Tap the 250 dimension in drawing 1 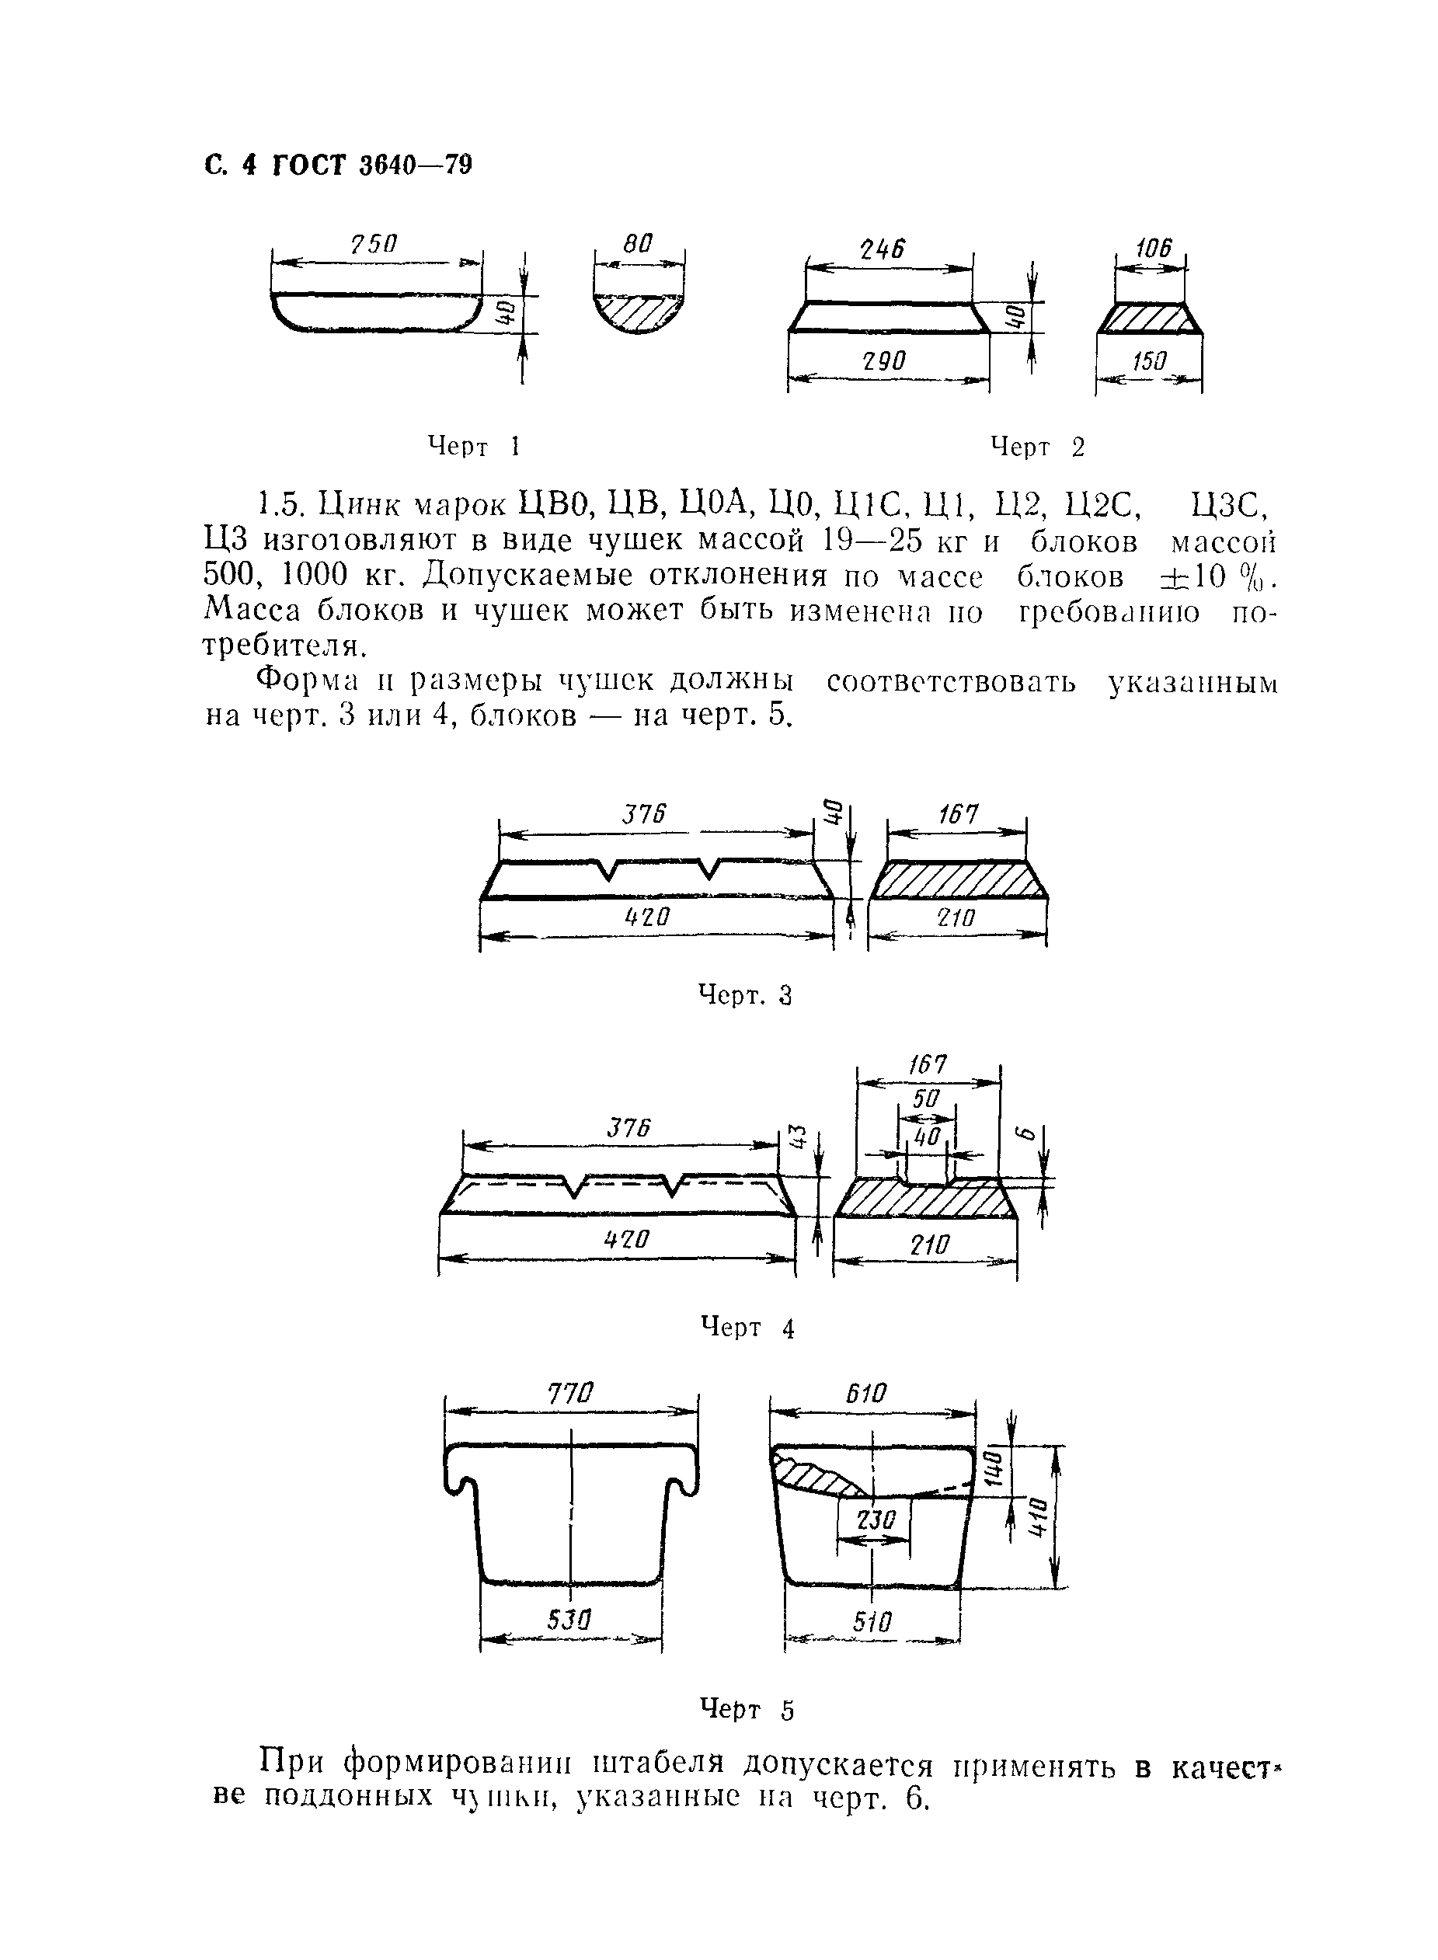coord(374,245)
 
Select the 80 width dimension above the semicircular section coord(638,244)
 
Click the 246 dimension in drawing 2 coord(883,250)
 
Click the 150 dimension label coord(1149,361)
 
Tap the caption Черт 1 coord(472,447)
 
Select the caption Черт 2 coord(1038,447)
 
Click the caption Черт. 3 coord(745,994)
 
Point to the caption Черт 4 coord(747,1328)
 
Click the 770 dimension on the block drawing coord(570,1394)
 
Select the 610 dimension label coord(866,1394)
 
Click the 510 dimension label coord(872,1621)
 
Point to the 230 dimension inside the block coord(875,1519)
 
